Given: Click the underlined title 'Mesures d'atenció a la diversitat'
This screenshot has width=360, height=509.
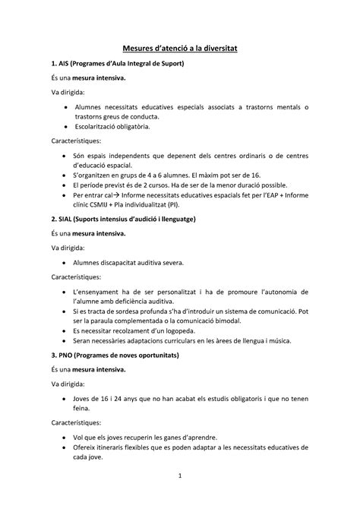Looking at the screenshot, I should tap(181, 48).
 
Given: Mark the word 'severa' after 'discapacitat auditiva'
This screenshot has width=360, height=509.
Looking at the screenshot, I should tap(171, 263).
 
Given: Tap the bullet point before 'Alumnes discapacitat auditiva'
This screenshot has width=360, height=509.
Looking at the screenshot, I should tap(65, 263).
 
